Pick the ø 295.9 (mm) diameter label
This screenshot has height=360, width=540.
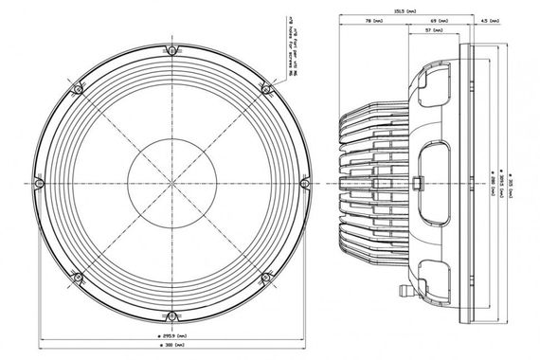tap(171, 336)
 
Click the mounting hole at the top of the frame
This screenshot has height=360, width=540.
tap(171, 48)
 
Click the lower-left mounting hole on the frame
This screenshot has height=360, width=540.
tap(76, 277)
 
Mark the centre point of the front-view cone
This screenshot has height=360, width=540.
tap(171, 182)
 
